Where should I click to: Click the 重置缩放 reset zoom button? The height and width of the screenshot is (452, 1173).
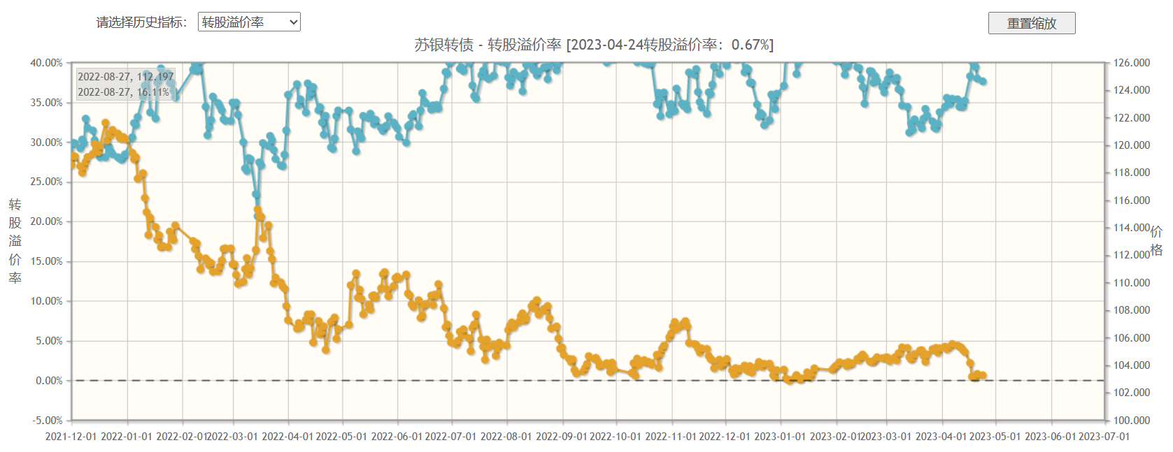1031,23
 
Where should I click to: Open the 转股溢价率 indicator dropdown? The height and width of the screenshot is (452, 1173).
249,22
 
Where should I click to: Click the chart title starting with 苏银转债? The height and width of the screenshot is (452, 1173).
593,45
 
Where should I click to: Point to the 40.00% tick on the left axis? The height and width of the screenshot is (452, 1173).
46,63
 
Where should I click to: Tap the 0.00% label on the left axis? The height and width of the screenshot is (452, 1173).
49,381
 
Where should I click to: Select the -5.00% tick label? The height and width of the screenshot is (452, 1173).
48,421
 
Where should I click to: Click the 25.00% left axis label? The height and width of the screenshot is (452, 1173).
46,182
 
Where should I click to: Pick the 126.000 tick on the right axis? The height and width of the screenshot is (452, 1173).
1132,63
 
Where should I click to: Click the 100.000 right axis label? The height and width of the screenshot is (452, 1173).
1132,421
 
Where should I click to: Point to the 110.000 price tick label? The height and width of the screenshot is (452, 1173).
1132,283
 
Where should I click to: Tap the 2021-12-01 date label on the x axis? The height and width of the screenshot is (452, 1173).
71,437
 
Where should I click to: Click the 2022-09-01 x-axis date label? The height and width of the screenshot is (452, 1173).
561,437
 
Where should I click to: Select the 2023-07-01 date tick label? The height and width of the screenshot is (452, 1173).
1104,437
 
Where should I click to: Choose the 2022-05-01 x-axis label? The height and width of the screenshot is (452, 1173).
341,437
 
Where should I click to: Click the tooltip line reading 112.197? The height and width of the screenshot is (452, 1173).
126,77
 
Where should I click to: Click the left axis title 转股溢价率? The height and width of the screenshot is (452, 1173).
15,241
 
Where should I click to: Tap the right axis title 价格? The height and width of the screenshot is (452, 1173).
1156,240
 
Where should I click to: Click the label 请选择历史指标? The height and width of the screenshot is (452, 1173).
141,22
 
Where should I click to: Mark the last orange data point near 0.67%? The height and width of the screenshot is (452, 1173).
983,376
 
